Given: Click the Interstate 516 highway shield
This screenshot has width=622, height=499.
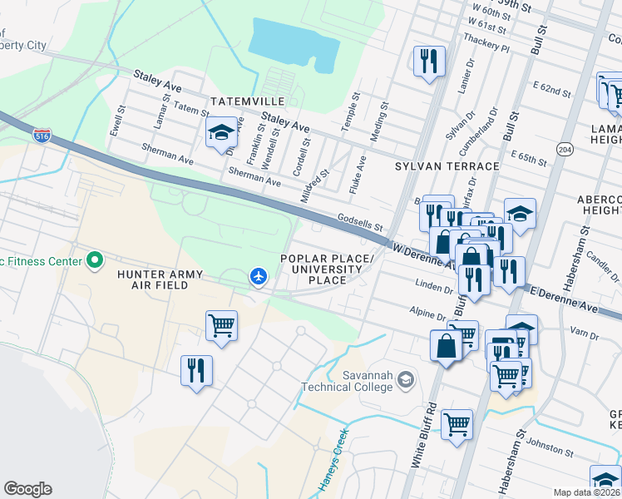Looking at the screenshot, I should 42,135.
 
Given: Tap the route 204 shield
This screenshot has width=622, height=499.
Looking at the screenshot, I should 565,149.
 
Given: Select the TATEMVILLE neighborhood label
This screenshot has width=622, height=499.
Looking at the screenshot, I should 248,101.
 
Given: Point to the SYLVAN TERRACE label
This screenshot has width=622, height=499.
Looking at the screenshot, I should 447,166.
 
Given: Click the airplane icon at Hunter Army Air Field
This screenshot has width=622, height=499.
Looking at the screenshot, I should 259,275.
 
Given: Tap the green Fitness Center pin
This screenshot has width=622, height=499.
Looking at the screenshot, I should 95,261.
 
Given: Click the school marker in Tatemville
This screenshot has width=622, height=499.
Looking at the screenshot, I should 222,131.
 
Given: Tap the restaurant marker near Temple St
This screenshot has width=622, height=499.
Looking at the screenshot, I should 429,60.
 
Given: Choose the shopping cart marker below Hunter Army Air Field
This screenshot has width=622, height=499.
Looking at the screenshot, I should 221,325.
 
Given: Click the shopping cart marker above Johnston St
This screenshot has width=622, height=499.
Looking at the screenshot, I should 457,423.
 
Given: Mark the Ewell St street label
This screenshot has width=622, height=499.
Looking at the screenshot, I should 117,121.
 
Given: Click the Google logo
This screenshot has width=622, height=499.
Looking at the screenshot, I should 27,489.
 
